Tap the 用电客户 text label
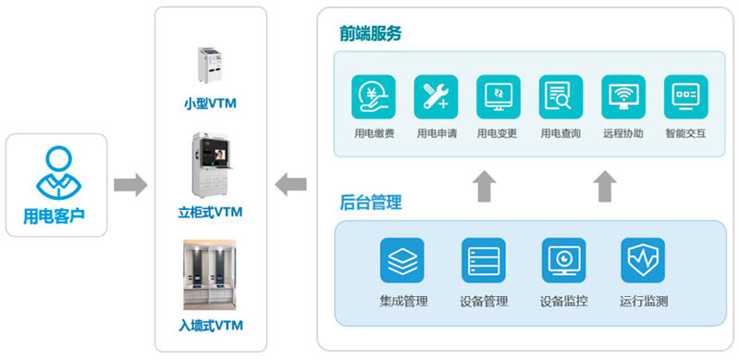(x=55, y=216)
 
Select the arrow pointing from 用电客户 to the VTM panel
(x=130, y=184)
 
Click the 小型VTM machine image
(x=211, y=65)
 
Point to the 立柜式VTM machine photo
(x=211, y=165)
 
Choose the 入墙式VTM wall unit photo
(x=210, y=275)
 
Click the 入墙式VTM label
(x=211, y=326)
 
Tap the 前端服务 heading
(x=370, y=33)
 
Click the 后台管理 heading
(x=371, y=202)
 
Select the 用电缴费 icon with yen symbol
(x=374, y=97)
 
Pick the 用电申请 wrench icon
(x=436, y=97)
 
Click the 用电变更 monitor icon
(x=499, y=97)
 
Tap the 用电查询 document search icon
(x=561, y=97)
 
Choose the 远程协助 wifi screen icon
(x=623, y=97)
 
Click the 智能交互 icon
(x=686, y=97)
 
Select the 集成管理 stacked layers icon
(x=402, y=260)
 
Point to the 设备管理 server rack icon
(x=483, y=260)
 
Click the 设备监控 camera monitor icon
(x=563, y=260)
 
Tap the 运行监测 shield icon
(x=643, y=260)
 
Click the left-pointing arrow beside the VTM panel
(x=290, y=184)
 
